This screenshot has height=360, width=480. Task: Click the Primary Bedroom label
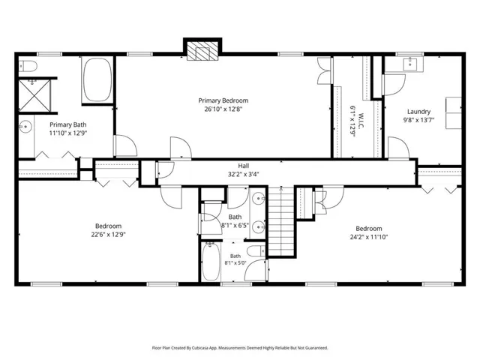click(223, 100)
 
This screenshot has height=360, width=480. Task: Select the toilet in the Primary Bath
click(28, 66)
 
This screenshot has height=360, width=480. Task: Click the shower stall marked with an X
click(34, 96)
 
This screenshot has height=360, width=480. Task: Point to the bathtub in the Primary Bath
click(97, 79)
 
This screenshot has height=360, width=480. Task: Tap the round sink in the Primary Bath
click(26, 127)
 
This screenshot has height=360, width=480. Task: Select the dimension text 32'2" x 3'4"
click(243, 174)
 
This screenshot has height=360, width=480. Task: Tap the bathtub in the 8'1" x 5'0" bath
click(211, 261)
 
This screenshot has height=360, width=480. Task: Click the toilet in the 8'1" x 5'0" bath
click(256, 251)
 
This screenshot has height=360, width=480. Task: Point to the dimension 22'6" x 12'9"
click(108, 235)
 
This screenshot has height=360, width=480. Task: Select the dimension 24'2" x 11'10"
click(369, 237)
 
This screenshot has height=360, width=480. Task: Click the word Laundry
click(418, 112)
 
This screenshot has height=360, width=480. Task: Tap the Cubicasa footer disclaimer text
click(240, 348)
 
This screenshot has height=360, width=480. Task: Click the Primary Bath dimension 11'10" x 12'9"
click(68, 133)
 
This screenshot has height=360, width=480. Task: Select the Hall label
click(243, 166)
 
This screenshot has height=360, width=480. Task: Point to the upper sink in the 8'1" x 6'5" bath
click(259, 198)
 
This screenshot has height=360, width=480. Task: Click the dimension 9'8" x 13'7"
click(418, 120)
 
